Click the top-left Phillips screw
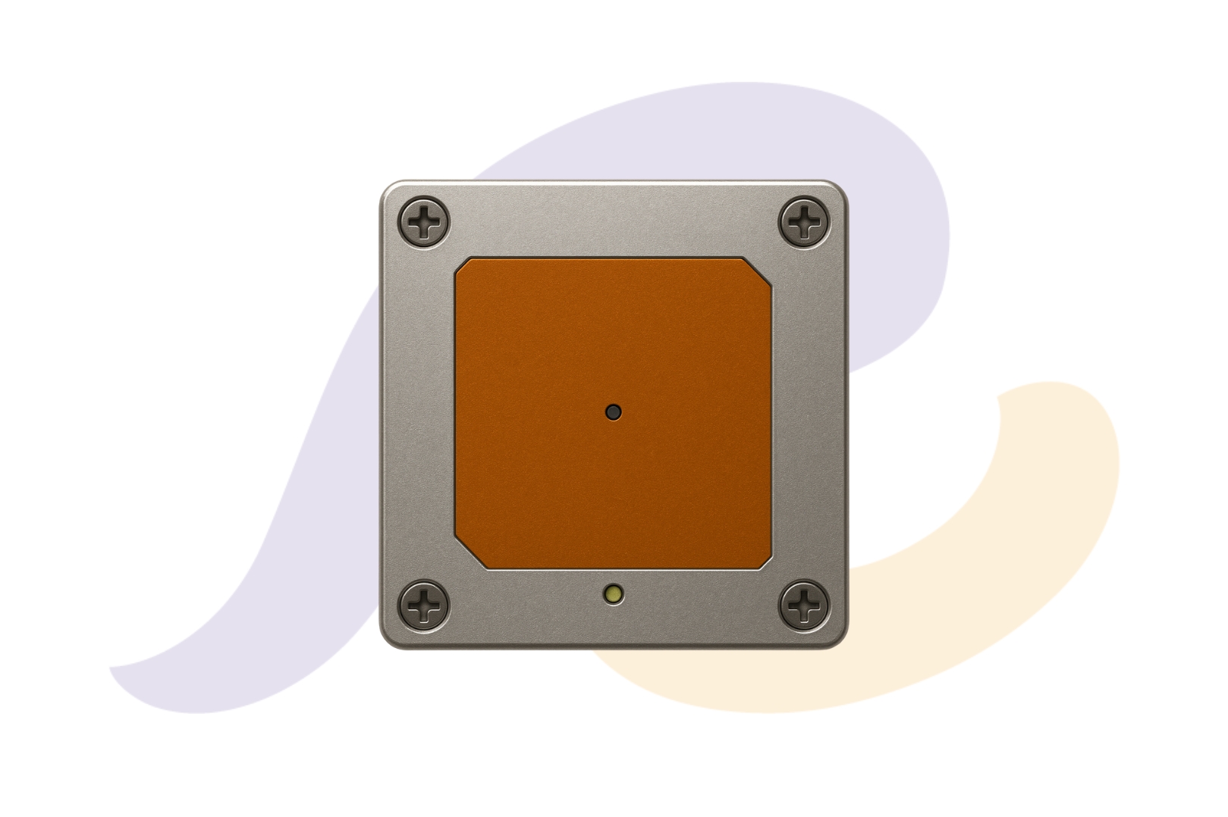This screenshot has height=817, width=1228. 423,221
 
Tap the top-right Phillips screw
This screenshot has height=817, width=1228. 804,221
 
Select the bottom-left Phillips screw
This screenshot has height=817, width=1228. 423,606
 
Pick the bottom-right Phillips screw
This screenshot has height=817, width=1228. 804,606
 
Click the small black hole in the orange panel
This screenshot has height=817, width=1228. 614,412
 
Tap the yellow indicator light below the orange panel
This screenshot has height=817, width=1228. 614,594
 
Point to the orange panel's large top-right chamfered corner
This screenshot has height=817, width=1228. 757,272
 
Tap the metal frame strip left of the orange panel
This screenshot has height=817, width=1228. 417,413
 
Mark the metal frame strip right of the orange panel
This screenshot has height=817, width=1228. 810,413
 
